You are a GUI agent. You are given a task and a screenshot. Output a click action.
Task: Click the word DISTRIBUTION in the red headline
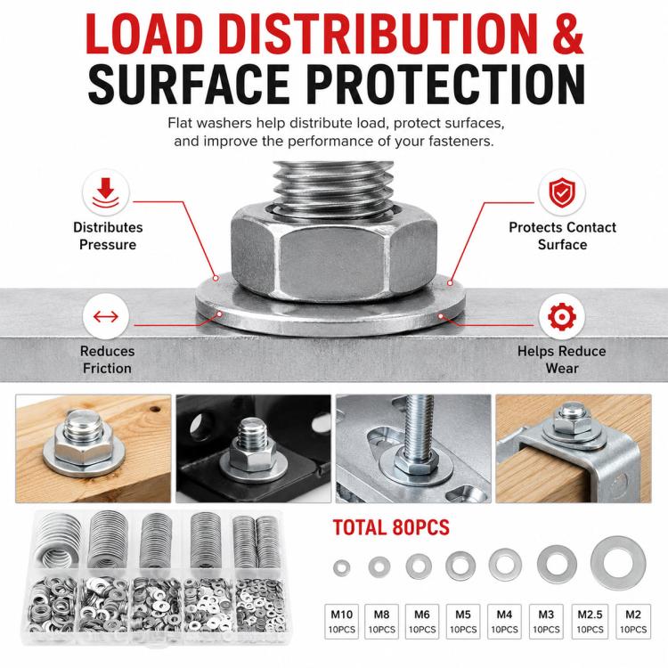pyautogui.click(x=380, y=35)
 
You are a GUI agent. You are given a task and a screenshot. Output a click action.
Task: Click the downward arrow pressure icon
pyautogui.click(x=106, y=192)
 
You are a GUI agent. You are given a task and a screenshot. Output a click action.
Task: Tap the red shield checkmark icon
pyautogui.click(x=561, y=192)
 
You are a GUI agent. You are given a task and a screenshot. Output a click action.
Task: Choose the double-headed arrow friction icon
pyautogui.click(x=106, y=316)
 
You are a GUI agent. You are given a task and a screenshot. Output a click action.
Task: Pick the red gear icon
pyautogui.click(x=561, y=316)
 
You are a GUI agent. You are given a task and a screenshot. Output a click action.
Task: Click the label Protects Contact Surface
pyautogui.click(x=562, y=236)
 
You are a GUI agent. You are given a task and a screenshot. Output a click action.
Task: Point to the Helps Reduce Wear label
pyautogui.click(x=561, y=359)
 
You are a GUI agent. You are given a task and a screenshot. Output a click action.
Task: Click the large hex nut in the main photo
pyautogui.click(x=334, y=251)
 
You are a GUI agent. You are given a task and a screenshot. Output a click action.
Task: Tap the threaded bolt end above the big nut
pyautogui.click(x=332, y=184)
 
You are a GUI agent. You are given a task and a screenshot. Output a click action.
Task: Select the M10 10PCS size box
pyautogui.click(x=342, y=621)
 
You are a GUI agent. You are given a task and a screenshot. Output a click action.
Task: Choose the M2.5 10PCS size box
pyautogui.click(x=590, y=621)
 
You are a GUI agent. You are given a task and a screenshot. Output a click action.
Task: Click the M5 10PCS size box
pyautogui.click(x=463, y=621)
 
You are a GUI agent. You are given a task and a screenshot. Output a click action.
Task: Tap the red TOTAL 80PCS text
pyautogui.click(x=391, y=527)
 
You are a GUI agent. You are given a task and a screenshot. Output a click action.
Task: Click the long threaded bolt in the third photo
pyautogui.click(x=416, y=430)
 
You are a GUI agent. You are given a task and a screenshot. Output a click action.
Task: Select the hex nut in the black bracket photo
pyautogui.click(x=252, y=456)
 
